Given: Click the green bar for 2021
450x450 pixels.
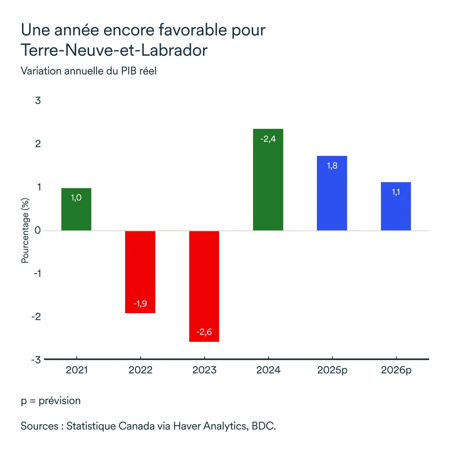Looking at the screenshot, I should [76, 209].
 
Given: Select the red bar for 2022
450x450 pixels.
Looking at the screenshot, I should [140, 272].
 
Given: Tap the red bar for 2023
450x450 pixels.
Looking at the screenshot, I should [204, 286].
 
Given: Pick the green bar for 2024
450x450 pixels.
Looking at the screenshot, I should [268, 180].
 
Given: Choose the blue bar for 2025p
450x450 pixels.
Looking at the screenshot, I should [332, 193].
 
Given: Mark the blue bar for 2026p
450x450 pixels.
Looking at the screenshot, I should [396, 206].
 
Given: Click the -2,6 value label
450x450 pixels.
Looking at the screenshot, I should [204, 332].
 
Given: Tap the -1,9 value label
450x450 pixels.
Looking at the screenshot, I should [140, 304].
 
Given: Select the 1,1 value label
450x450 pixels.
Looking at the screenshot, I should [396, 192].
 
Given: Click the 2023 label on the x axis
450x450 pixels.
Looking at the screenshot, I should [204, 370].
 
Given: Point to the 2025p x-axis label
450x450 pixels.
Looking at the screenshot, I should [332, 370].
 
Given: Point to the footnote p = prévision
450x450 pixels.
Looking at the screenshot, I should [51, 401].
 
